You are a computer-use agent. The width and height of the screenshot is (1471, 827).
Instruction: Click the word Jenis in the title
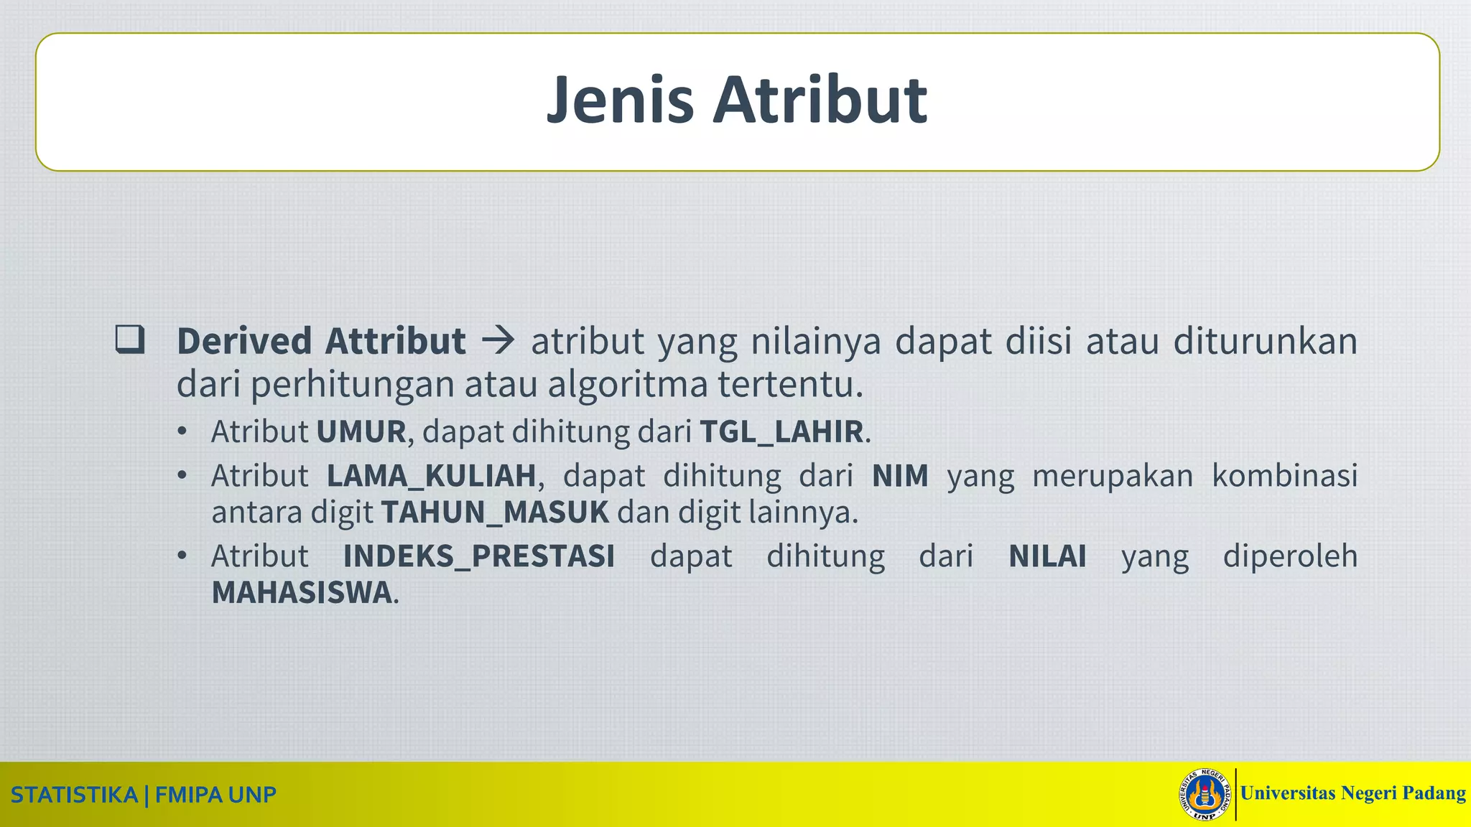pyautogui.click(x=619, y=101)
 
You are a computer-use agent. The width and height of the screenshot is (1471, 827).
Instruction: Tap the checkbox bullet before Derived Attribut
pyautogui.click(x=130, y=339)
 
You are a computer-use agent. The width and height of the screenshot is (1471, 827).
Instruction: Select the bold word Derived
pyautogui.click(x=244, y=341)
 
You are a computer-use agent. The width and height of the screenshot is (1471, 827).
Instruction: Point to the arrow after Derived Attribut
pyautogui.click(x=498, y=341)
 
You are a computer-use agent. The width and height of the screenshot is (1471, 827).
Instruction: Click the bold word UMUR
pyautogui.click(x=361, y=431)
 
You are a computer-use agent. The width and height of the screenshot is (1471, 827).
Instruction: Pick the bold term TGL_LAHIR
pyautogui.click(x=781, y=431)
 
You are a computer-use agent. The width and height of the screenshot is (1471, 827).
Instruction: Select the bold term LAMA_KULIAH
pyautogui.click(x=431, y=476)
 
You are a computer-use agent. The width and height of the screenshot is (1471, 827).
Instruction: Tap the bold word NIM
pyautogui.click(x=900, y=476)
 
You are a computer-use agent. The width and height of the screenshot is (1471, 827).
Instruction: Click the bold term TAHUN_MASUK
pyautogui.click(x=495, y=513)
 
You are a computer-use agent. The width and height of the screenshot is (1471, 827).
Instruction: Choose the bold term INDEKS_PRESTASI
pyautogui.click(x=479, y=556)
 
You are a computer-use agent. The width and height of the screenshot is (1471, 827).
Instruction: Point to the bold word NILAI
pyautogui.click(x=1047, y=556)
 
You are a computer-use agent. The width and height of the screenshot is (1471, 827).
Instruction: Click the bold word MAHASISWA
pyautogui.click(x=302, y=593)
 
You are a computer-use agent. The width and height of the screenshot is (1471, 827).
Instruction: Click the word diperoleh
pyautogui.click(x=1290, y=556)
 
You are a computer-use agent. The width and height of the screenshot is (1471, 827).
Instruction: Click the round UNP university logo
pyautogui.click(x=1206, y=795)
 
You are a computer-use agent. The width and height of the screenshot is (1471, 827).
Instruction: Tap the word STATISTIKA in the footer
pyautogui.click(x=74, y=795)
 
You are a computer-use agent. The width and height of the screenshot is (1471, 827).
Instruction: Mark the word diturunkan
pyautogui.click(x=1265, y=341)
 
